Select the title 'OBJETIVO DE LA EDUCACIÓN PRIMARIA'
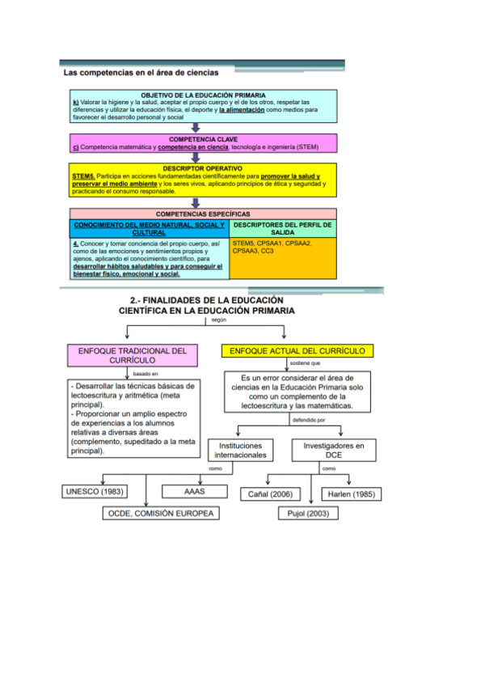pos(203,95)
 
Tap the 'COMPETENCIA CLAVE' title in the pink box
pos(203,139)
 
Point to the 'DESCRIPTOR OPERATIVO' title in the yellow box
pos(202,168)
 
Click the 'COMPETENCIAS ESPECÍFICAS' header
pos(202,214)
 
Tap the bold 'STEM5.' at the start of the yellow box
pos(83,176)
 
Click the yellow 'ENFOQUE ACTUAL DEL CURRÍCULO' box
pos(297,351)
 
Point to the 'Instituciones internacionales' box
pos(240,450)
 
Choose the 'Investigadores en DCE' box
pos(334,450)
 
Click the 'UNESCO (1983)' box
pos(95,491)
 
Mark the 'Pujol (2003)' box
pos(307,514)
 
